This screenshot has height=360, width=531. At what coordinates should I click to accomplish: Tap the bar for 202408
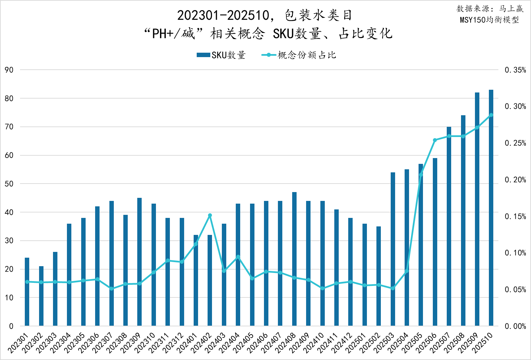click(x=294, y=259)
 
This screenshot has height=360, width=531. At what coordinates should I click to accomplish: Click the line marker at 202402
click(x=210, y=215)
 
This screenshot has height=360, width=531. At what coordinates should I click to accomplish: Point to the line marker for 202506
click(x=435, y=140)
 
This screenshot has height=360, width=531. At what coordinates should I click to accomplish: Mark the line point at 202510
click(x=491, y=115)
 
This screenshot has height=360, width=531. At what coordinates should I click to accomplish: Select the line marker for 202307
click(x=111, y=289)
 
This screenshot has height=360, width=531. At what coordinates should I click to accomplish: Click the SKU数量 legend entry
click(x=221, y=55)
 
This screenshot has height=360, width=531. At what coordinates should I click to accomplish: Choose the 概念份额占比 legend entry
click(x=299, y=55)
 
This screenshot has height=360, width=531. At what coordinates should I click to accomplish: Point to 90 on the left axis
click(x=9, y=70)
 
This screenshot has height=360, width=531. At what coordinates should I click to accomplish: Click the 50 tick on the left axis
click(x=9, y=184)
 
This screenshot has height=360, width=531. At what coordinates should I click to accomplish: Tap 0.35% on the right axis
click(x=515, y=70)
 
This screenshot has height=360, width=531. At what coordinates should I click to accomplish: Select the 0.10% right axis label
click(x=515, y=253)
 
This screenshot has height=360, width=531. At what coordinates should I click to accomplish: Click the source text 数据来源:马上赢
click(x=490, y=9)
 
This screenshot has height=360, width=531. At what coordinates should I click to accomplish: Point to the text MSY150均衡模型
click(x=489, y=20)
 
